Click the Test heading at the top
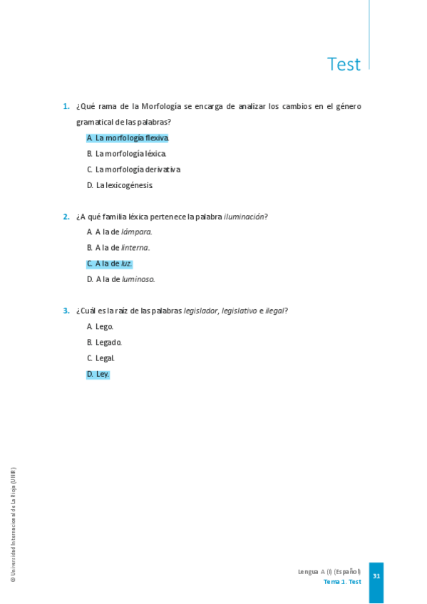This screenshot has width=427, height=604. [344, 64]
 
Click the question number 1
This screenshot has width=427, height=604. [66, 106]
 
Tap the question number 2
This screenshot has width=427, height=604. [66, 217]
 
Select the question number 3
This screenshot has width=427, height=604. [66, 311]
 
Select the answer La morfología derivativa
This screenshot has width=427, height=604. [134, 170]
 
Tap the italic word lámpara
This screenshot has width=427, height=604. [136, 231]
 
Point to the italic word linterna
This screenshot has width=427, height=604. [135, 248]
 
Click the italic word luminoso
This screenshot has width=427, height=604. [138, 279]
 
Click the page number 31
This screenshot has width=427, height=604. [376, 576]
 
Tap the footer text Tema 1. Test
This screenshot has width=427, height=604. [342, 582]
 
